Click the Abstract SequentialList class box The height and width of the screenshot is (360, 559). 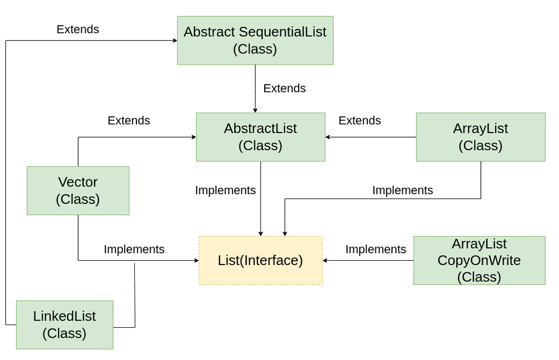pyautogui.click(x=255, y=40)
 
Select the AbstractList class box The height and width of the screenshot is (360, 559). pyautogui.click(x=260, y=137)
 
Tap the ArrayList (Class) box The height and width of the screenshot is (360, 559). pyautogui.click(x=480, y=137)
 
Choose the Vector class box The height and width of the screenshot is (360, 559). pyautogui.click(x=78, y=190)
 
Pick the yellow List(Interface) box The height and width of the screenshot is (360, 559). pyautogui.click(x=260, y=260)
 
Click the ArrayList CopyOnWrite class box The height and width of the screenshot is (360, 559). pyautogui.click(x=479, y=260)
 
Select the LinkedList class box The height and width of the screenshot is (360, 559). pyautogui.click(x=64, y=325)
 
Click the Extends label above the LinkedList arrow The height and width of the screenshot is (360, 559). pyautogui.click(x=78, y=29)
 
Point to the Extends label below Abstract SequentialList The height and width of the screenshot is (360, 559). pyautogui.click(x=284, y=88)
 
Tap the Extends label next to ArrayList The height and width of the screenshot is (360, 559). pyautogui.click(x=360, y=121)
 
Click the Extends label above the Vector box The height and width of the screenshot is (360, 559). pyautogui.click(x=129, y=121)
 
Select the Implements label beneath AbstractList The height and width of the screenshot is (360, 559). pyautogui.click(x=225, y=190)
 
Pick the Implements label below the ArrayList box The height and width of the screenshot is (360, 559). pyautogui.click(x=402, y=190)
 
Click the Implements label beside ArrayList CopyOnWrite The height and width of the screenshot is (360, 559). pyautogui.click(x=376, y=249)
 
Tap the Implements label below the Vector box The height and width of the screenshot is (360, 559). pyautogui.click(x=134, y=249)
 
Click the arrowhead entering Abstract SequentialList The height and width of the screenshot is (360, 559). pyautogui.click(x=175, y=40)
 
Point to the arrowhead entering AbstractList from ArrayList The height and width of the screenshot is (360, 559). pyautogui.click(x=328, y=137)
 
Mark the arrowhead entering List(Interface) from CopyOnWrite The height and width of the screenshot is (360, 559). pyautogui.click(x=325, y=260)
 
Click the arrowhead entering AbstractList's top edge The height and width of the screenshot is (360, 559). pyautogui.click(x=255, y=110)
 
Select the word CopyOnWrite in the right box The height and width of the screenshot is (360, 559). pyautogui.click(x=479, y=260)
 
